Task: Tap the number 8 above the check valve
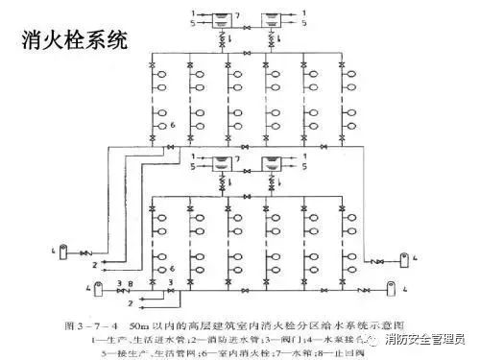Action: click(x=121, y=286)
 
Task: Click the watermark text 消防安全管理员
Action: click(x=424, y=338)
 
